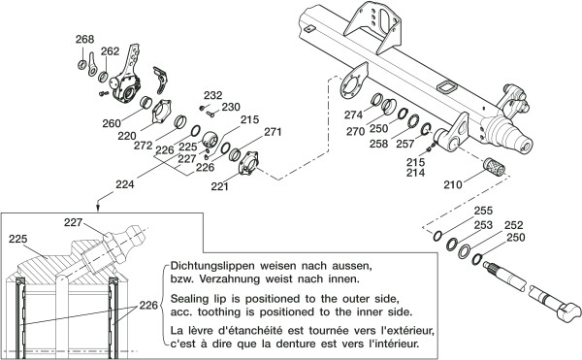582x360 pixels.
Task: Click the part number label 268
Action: click(x=85, y=39)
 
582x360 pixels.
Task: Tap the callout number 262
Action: click(x=111, y=50)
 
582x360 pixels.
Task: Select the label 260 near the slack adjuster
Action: click(x=112, y=123)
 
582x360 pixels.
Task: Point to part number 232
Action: click(x=213, y=95)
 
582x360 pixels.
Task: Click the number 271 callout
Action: click(x=273, y=132)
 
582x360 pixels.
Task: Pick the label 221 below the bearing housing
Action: click(x=220, y=186)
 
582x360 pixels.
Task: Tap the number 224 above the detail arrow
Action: click(x=125, y=184)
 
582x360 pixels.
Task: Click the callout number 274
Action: click(x=353, y=115)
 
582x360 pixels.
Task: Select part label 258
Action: click(x=378, y=144)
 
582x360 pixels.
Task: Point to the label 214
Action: click(x=415, y=173)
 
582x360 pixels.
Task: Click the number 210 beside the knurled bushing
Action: click(x=453, y=184)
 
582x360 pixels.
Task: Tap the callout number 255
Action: click(x=484, y=211)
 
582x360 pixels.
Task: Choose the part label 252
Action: click(x=514, y=225)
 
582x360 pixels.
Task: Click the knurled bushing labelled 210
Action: click(x=495, y=167)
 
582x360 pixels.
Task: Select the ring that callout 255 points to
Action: click(x=437, y=236)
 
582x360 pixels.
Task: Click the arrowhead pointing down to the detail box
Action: click(x=98, y=209)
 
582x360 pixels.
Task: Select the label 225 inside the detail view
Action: click(x=18, y=239)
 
